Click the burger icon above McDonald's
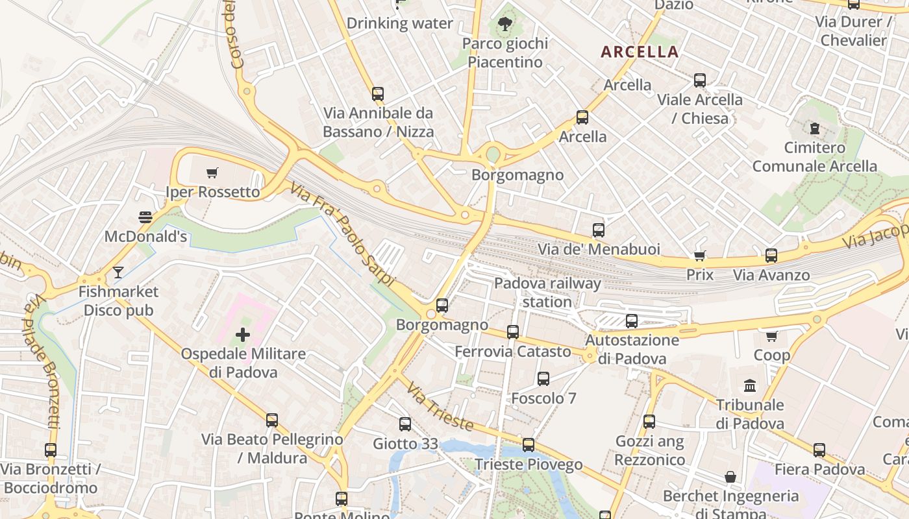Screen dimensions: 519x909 click(145, 217)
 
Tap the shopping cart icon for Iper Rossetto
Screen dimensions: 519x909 click(212, 173)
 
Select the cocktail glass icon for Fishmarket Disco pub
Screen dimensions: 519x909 click(118, 272)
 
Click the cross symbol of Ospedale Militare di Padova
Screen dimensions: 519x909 click(243, 335)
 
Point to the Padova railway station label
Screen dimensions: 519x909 click(547, 293)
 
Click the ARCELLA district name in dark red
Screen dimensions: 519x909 click(640, 52)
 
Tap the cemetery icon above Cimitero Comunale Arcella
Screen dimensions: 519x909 click(815, 128)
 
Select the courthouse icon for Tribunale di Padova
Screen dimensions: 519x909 click(750, 385)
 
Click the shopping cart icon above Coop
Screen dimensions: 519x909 click(771, 336)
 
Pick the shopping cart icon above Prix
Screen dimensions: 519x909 click(699, 256)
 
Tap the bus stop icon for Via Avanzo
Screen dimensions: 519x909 click(771, 256)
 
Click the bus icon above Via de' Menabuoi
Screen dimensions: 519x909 click(598, 230)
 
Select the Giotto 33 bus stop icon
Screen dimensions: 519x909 click(405, 424)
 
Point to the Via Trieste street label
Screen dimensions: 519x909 click(440, 405)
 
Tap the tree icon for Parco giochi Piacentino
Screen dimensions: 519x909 click(504, 25)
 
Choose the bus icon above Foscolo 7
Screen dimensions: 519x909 click(543, 379)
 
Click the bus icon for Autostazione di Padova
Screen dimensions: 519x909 click(631, 320)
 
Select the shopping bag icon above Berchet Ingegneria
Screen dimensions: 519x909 click(730, 477)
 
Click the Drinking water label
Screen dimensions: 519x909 click(399, 23)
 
